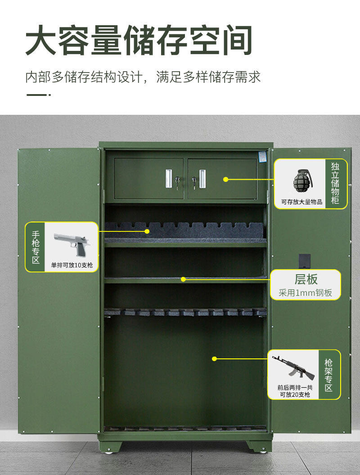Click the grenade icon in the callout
tap(302, 181)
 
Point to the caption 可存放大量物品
tap(301, 202)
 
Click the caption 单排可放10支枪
tap(72, 265)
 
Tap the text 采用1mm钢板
tap(305, 293)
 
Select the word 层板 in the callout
tap(306, 279)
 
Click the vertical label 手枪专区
tap(36, 247)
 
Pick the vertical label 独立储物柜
tap(335, 183)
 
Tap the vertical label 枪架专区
tap(328, 375)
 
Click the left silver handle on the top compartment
tap(169, 178)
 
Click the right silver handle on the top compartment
tap(202, 179)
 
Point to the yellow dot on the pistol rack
tap(147, 231)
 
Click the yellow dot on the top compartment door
tap(225, 179)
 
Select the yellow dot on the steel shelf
tap(183, 279)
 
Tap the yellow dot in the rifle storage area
tap(214, 359)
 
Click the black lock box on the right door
tap(305, 261)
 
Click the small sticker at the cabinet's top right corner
tap(262, 156)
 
